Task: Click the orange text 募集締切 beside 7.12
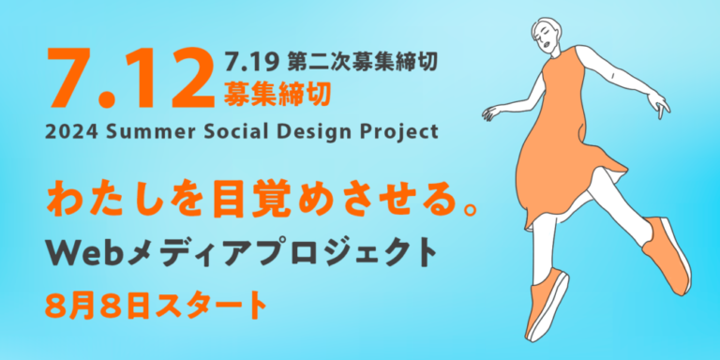277,94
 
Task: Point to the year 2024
67,130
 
